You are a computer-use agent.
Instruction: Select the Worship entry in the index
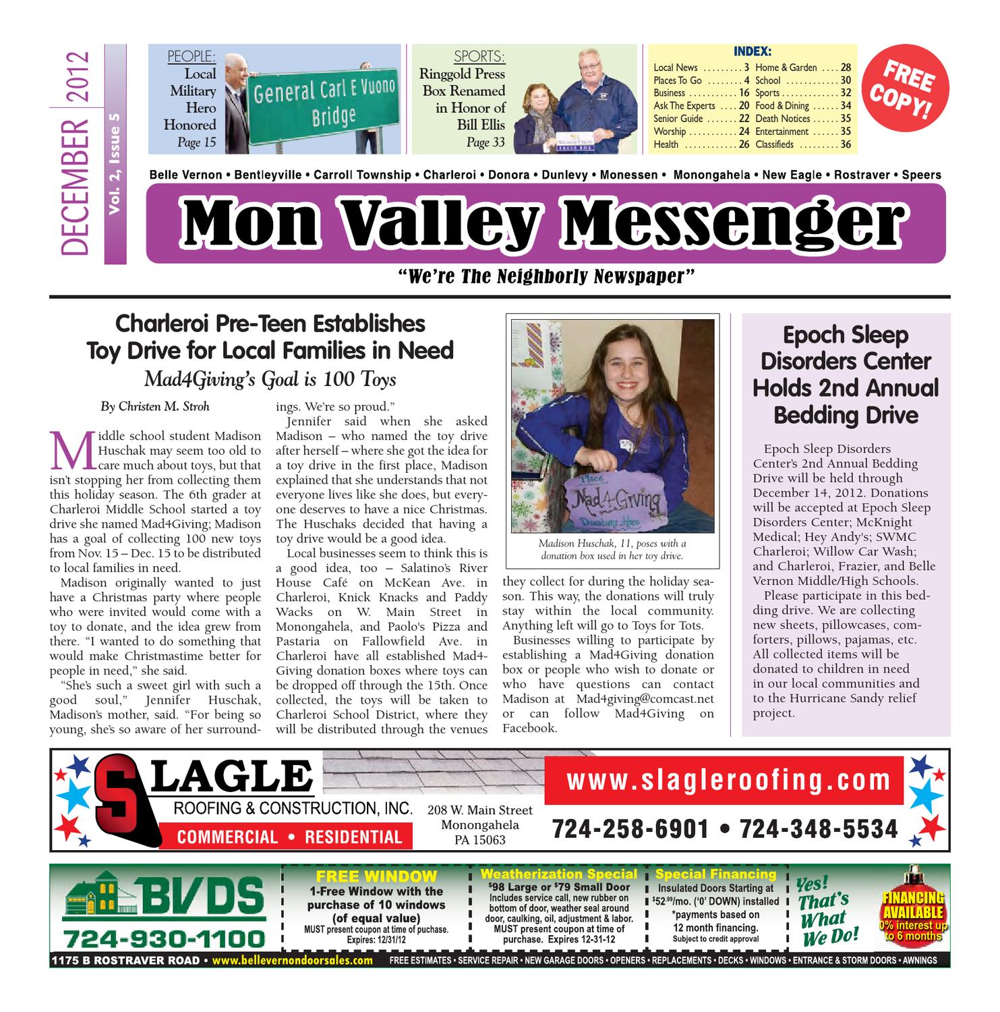pos(670,132)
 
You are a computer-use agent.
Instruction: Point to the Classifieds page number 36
pos(845,144)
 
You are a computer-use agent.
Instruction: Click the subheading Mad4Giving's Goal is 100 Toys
pos(270,380)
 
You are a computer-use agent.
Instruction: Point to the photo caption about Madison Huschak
pos(612,550)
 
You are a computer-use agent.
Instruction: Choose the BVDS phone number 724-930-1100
pos(163,938)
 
